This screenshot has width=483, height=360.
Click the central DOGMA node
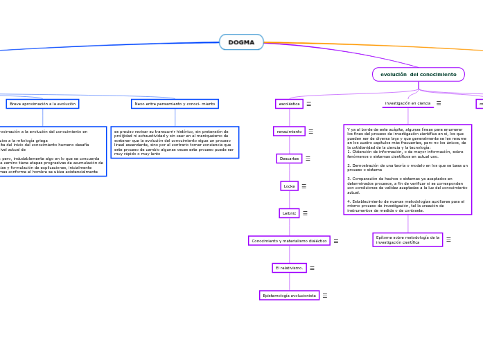[241, 42]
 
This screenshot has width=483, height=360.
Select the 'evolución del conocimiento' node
[418, 74]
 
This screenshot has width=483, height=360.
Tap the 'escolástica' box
[289, 104]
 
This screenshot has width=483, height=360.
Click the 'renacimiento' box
[289, 131]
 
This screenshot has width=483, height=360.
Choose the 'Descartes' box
[289, 159]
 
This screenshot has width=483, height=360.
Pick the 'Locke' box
[289, 186]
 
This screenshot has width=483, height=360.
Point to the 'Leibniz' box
[289, 213]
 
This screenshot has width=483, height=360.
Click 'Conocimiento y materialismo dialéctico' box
[289, 241]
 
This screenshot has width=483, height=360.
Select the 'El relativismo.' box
[289, 268]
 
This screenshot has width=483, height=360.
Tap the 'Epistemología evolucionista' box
[289, 296]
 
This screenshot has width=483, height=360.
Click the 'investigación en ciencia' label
[407, 103]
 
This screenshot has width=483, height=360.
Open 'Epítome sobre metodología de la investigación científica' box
[407, 240]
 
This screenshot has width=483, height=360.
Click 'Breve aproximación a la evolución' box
[42, 104]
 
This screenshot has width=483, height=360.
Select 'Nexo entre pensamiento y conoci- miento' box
[175, 104]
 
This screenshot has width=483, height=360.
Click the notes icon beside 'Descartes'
[308, 159]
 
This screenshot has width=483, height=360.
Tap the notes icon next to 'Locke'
[304, 186]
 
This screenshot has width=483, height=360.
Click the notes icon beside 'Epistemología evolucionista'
[324, 296]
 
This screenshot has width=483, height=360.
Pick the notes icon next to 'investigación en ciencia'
[439, 103]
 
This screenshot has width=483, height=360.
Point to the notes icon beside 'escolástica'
[308, 104]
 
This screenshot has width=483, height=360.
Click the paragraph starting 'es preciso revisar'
[175, 142]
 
